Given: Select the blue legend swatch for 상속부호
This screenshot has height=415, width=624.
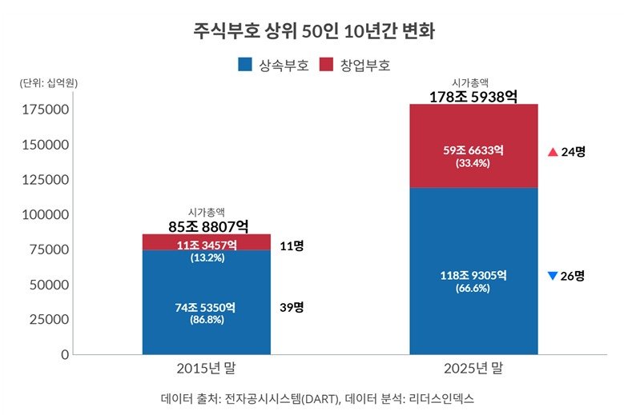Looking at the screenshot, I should pyautogui.click(x=246, y=64).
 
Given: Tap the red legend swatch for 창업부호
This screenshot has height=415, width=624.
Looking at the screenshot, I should pyautogui.click(x=326, y=64).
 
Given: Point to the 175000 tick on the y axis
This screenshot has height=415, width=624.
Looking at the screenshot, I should pyautogui.click(x=45, y=109).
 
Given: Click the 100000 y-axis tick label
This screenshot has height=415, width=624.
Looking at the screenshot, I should pyautogui.click(x=45, y=214).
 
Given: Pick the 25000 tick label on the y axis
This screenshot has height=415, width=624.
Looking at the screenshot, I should pyautogui.click(x=49, y=319).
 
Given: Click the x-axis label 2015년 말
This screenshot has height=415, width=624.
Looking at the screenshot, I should pyautogui.click(x=206, y=369).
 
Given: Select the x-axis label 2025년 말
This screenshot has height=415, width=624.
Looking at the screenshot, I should pyautogui.click(x=473, y=369).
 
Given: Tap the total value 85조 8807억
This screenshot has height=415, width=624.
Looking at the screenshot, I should pyautogui.click(x=207, y=226).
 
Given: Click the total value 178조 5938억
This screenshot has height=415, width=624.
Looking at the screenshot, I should pyautogui.click(x=473, y=97).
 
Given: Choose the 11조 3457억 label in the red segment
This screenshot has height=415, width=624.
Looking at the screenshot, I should pyautogui.click(x=207, y=245).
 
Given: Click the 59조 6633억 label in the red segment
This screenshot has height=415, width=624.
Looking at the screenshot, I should pyautogui.click(x=473, y=150).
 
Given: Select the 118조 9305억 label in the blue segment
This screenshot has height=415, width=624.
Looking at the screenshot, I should pyautogui.click(x=473, y=275).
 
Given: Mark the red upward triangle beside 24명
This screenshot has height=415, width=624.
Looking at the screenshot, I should pyautogui.click(x=552, y=151).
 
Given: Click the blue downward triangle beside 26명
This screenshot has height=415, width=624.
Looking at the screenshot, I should pyautogui.click(x=552, y=276).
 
